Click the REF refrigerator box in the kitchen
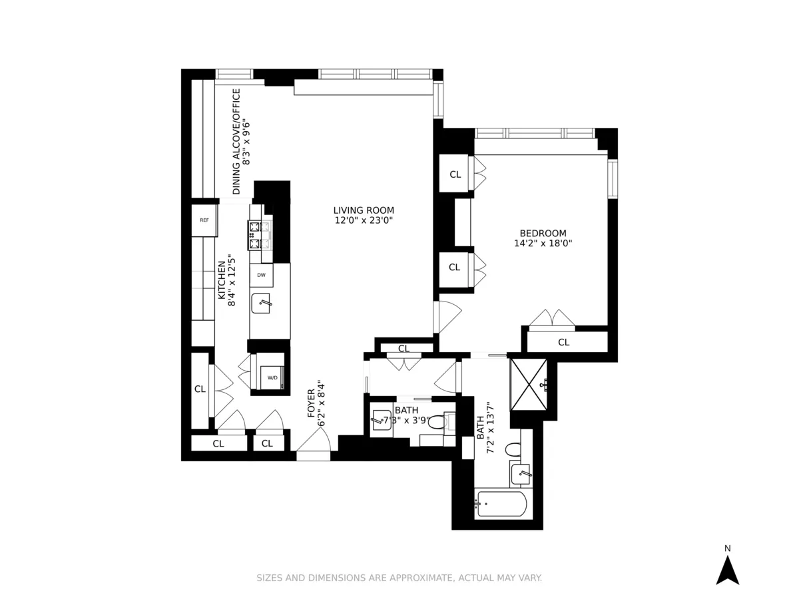point(204,220)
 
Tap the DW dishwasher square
point(261,275)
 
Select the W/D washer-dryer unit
point(272,377)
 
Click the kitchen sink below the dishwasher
point(262,303)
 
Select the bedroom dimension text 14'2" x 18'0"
point(543,244)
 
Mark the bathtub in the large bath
point(501,504)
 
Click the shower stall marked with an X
point(529,384)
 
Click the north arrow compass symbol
point(727,570)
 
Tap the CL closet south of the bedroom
point(563,342)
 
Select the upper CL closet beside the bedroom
point(455,174)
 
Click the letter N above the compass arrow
point(727,548)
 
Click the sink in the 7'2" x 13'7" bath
point(521,475)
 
